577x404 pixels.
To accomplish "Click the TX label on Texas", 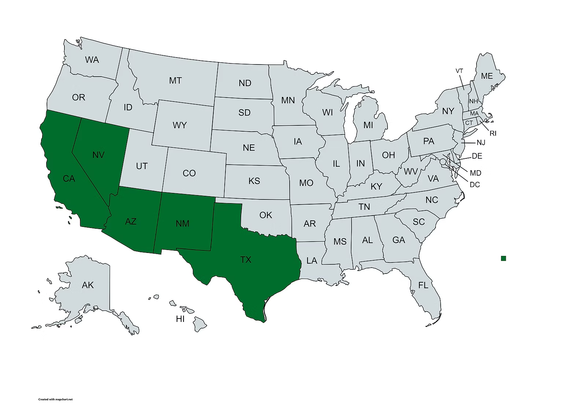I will tap(246, 260).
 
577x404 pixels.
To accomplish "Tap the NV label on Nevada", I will tap(98, 155).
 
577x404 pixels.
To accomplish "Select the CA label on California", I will tap(69, 179).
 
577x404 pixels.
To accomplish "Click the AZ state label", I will tap(131, 221).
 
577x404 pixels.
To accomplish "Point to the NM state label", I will tap(182, 223).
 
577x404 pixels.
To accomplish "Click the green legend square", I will tap(503, 258).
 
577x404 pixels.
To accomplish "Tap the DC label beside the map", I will tap(475, 185).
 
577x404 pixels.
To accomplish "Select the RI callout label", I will tap(493, 133).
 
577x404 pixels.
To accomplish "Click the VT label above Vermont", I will tap(459, 71).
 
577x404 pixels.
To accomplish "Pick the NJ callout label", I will tap(481, 143).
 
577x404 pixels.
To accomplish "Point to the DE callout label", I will tap(477, 156).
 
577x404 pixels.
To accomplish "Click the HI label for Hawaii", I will tap(180, 319).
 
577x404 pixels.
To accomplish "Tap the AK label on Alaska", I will tap(88, 285).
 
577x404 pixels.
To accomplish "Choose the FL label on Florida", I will tap(423, 285).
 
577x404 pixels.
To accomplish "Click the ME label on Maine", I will tap(486, 76).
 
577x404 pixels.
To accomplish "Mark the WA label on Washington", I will tap(92, 60).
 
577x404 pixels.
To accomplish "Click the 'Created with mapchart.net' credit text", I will tap(55, 399).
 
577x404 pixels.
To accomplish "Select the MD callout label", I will tap(475, 173).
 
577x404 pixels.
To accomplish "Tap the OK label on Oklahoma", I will tap(265, 215).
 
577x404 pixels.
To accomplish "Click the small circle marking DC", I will tap(443, 161).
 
